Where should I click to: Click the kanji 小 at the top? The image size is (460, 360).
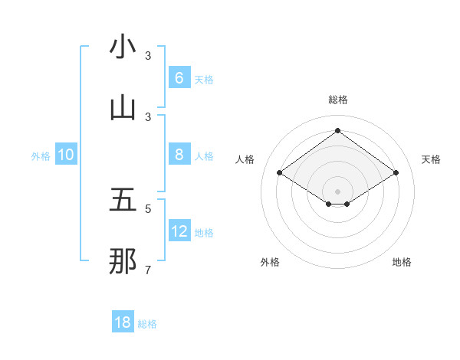click(123, 47)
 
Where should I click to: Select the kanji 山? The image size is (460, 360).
click(123, 108)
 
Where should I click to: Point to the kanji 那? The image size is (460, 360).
click(123, 261)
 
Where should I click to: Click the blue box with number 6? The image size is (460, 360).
click(179, 77)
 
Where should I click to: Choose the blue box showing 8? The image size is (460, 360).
click(179, 154)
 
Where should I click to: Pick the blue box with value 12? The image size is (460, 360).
click(179, 231)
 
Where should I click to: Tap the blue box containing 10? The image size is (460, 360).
click(66, 155)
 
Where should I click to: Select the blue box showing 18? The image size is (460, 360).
click(123, 322)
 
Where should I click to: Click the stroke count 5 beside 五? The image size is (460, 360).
click(149, 208)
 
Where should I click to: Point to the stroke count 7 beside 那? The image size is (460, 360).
click(149, 270)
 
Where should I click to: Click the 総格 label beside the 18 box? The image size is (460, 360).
click(147, 324)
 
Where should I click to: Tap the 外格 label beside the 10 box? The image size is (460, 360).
click(41, 155)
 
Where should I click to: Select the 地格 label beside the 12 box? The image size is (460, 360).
click(204, 232)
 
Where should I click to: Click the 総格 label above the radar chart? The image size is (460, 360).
click(338, 100)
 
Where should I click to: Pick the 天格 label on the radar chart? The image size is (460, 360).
click(431, 159)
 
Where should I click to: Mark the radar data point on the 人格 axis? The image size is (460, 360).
click(280, 173)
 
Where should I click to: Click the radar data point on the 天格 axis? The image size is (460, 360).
click(396, 173)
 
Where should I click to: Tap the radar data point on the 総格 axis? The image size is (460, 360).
click(337, 130)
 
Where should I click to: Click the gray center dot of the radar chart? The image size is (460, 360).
click(337, 191)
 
